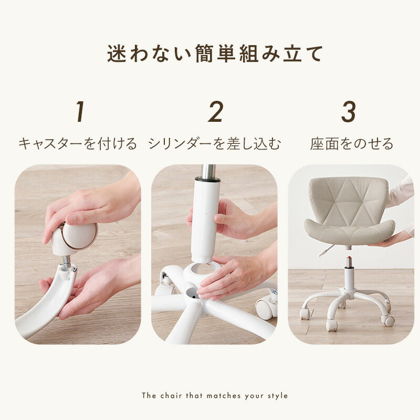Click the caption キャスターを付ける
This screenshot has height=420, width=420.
click(x=78, y=144)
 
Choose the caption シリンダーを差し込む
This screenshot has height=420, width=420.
click(x=214, y=144)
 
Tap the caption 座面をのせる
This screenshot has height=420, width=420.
click(x=351, y=144)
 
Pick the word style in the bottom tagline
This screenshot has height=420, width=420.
click(x=278, y=395)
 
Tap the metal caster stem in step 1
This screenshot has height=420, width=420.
click(x=65, y=261)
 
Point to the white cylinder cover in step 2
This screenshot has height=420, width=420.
click(x=205, y=220)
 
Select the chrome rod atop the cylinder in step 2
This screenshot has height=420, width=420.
click(x=209, y=172)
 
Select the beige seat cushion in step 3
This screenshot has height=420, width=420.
click(x=349, y=231)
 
